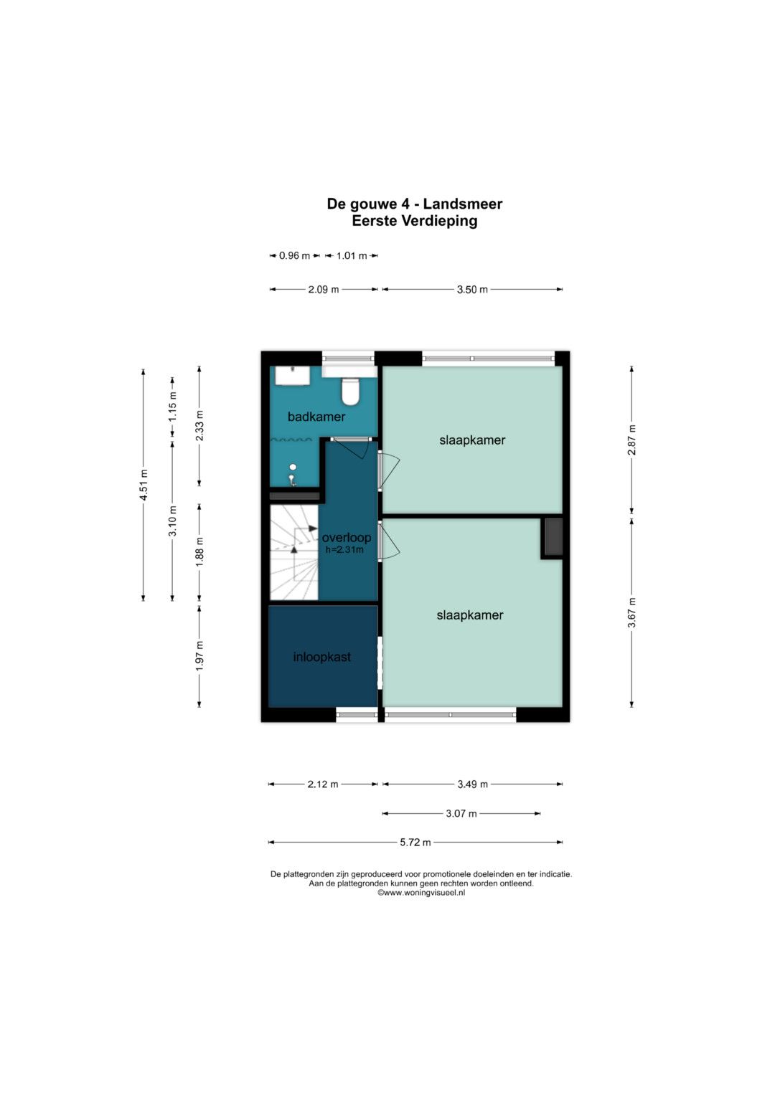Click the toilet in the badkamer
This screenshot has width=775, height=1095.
pyautogui.click(x=350, y=391)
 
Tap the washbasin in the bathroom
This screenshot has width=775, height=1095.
pyautogui.click(x=293, y=376)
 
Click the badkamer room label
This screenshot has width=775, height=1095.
pyautogui.click(x=316, y=417)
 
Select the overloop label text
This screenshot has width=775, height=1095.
pyautogui.click(x=347, y=538)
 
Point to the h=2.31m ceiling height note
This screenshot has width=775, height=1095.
pyautogui.click(x=345, y=549)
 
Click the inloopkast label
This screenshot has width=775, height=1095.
pyautogui.click(x=322, y=657)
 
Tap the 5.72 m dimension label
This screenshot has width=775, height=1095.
pyautogui.click(x=415, y=843)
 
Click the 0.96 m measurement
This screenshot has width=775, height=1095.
pyautogui.click(x=294, y=255)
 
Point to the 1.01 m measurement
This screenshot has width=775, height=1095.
pyautogui.click(x=352, y=255)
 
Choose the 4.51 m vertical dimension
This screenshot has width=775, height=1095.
pyautogui.click(x=144, y=485)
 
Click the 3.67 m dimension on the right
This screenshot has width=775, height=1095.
pyautogui.click(x=631, y=612)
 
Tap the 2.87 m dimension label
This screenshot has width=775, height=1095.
pyautogui.click(x=631, y=440)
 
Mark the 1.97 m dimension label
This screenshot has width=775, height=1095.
pyautogui.click(x=199, y=655)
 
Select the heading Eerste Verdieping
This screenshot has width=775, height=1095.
pyautogui.click(x=415, y=220)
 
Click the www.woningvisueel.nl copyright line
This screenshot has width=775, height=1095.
pyautogui.click(x=421, y=893)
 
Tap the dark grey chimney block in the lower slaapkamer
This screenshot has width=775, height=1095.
pyautogui.click(x=553, y=537)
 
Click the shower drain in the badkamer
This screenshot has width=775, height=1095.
pyautogui.click(x=293, y=468)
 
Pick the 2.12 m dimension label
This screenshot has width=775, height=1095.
pyautogui.click(x=323, y=784)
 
